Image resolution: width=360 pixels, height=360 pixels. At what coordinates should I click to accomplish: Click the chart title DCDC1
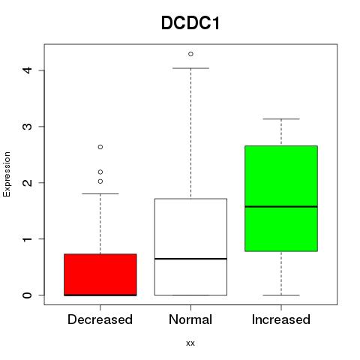(190, 23)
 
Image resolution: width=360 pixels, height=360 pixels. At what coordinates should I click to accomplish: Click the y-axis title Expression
(7, 174)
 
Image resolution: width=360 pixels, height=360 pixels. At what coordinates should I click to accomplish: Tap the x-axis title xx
(190, 343)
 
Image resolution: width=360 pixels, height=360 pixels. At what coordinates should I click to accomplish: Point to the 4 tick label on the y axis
(28, 70)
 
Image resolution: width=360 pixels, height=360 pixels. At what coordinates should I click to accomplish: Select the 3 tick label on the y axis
(28, 126)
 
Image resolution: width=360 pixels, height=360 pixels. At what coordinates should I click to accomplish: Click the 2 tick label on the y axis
(28, 182)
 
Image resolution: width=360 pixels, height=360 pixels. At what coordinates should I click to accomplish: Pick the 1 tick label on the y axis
(28, 238)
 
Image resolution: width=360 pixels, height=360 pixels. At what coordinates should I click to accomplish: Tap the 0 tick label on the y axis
(28, 295)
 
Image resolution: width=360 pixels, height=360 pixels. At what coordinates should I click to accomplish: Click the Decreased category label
(100, 319)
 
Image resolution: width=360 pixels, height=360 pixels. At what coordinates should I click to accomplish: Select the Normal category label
(190, 319)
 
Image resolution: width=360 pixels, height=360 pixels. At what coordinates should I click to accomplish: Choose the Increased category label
(281, 319)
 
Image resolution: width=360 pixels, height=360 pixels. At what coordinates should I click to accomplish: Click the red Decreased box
(100, 274)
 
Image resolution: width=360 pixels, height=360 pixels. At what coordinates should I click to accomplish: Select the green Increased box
(281, 199)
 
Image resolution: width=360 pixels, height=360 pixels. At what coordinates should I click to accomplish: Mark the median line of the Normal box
(190, 259)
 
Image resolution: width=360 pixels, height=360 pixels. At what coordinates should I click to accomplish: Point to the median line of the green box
(281, 206)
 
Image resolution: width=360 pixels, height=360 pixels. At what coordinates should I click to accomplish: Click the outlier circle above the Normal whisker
(190, 54)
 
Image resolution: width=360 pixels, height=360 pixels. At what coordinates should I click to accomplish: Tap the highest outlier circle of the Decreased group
(100, 147)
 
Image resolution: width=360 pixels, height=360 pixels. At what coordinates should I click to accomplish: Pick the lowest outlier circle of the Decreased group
(100, 181)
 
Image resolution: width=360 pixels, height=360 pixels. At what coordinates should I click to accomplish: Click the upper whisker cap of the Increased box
(281, 119)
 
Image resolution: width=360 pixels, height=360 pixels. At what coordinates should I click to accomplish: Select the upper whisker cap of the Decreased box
(100, 193)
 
